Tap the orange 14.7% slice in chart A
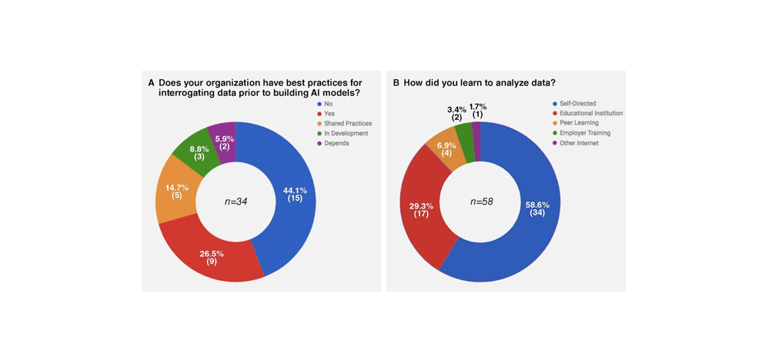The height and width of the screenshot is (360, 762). point(175,192)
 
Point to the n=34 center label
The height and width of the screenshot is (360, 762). point(236,202)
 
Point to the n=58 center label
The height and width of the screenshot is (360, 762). point(481,202)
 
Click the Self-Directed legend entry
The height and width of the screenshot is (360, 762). point(575,103)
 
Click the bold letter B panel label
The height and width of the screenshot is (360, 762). point(396,82)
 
